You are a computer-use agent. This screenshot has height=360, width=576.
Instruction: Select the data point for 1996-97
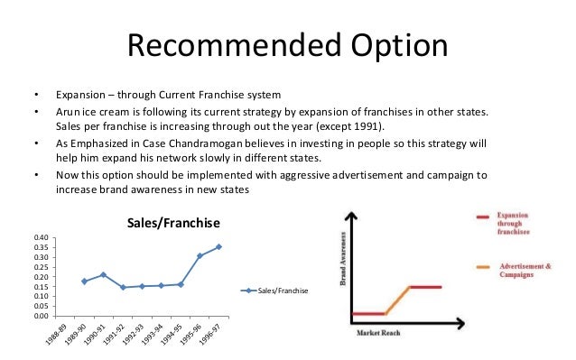click(218, 246)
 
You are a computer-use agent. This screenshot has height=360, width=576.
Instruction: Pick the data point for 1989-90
click(85, 282)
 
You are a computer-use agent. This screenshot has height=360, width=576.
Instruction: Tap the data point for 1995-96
click(200, 256)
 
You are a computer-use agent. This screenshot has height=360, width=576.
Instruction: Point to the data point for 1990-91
click(104, 274)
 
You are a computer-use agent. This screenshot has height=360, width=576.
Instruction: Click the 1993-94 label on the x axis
click(156, 335)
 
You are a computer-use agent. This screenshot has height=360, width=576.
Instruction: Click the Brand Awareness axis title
click(342, 262)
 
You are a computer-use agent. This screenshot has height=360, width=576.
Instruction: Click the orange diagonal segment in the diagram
click(398, 300)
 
